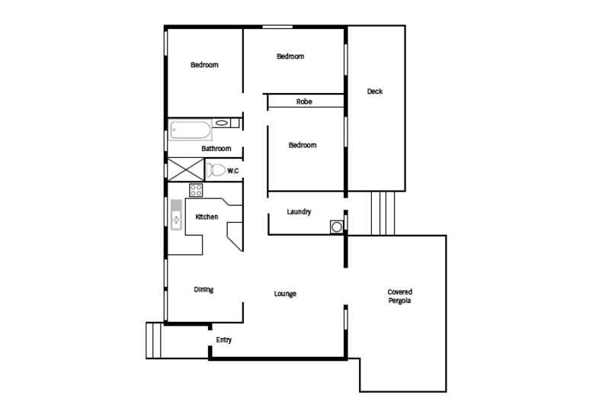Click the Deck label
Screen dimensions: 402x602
pos(375,92)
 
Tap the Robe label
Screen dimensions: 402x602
pos(304,101)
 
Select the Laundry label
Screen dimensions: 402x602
pos(299,211)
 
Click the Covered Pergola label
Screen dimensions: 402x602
pos(399,297)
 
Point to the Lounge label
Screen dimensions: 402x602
pos(285,294)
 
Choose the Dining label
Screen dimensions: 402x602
pos(203,289)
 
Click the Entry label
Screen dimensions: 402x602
pos(223,339)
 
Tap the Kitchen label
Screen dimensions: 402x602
pos(207,217)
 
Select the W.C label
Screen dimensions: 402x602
pos(233,170)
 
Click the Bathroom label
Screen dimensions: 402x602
pos(216,149)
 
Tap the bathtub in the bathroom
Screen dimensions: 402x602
pos(190,130)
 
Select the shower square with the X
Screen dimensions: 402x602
pos(185,169)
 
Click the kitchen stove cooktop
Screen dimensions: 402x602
pos(196,190)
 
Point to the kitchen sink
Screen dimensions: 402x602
pos(176,217)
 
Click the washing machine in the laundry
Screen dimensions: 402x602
pos(336,226)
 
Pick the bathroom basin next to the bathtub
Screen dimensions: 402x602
pos(222,122)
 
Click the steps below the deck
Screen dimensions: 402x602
pos(383,213)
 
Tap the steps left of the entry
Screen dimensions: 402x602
pos(155,340)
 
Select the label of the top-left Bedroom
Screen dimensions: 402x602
pos(204,65)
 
